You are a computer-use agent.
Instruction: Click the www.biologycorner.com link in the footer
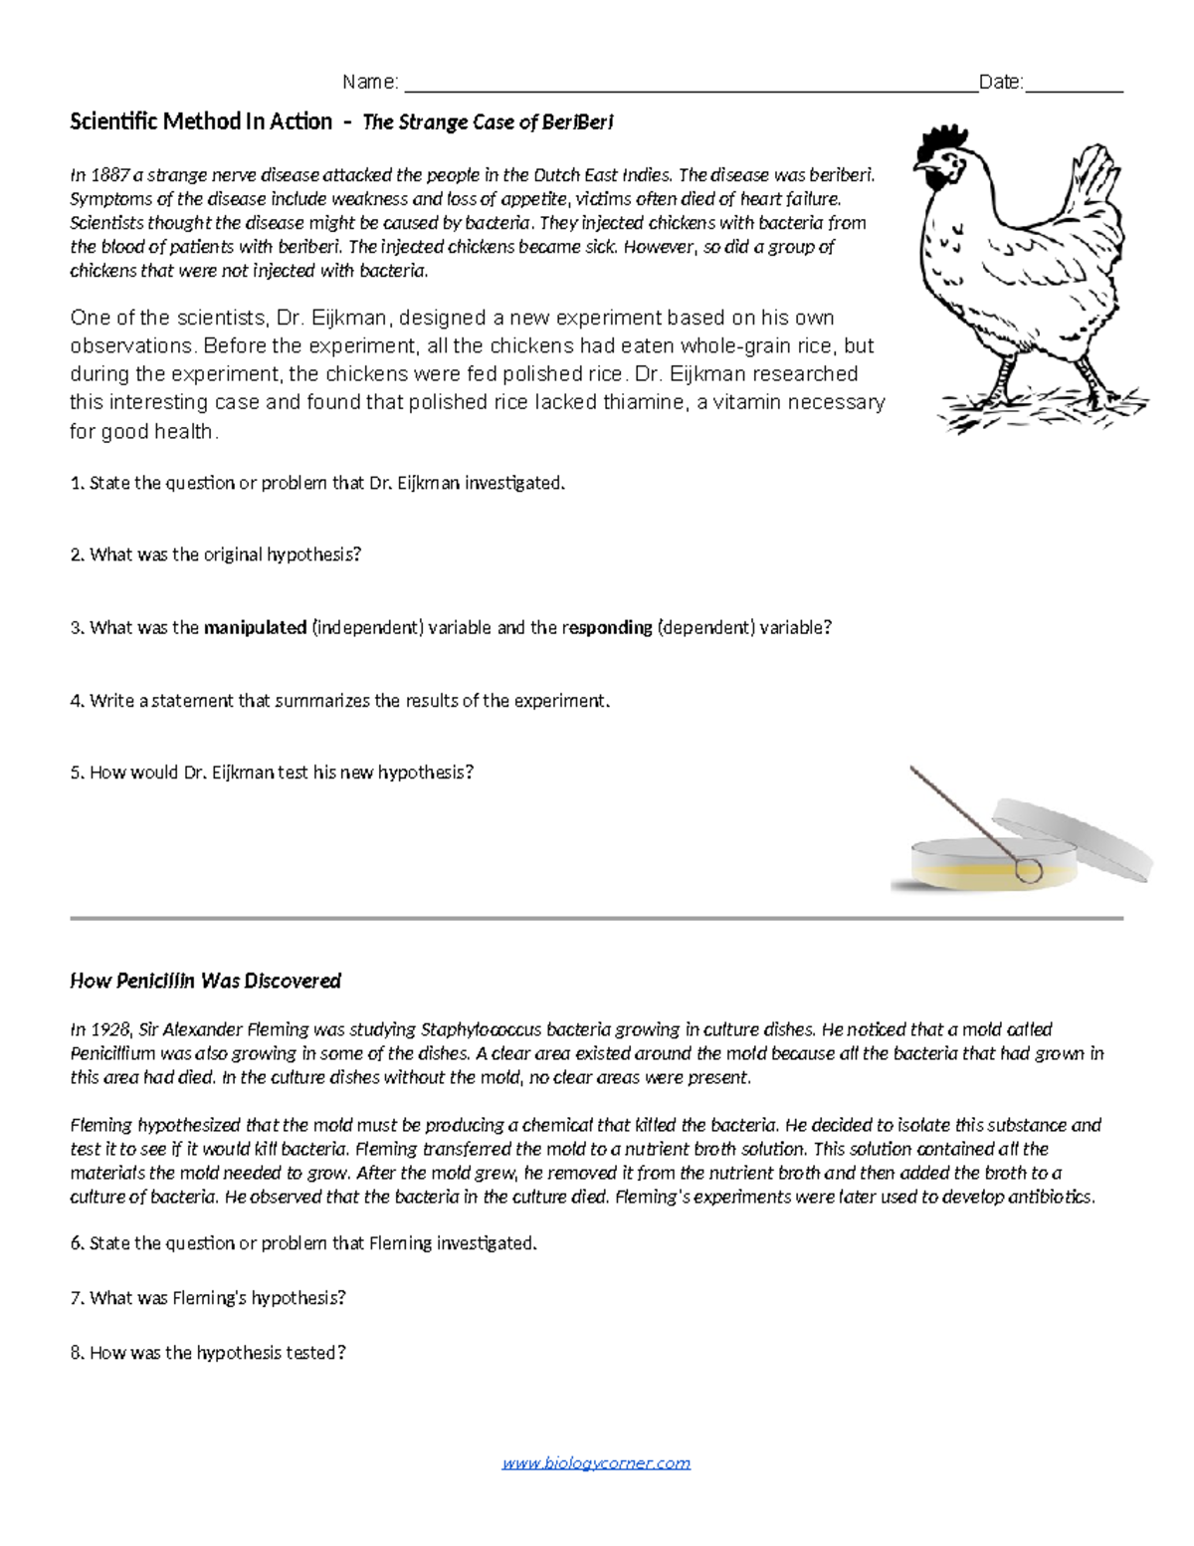click(x=596, y=1462)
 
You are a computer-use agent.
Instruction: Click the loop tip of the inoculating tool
click(x=1029, y=871)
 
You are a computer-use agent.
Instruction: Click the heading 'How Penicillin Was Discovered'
click(x=205, y=981)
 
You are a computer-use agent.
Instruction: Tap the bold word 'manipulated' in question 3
click(x=255, y=628)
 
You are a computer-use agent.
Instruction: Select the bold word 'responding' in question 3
click(x=607, y=628)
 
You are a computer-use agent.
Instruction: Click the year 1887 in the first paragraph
click(x=109, y=175)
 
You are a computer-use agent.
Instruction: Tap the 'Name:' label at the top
click(x=370, y=82)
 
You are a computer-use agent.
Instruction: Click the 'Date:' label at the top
click(x=1001, y=82)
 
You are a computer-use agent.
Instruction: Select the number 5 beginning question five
click(x=76, y=773)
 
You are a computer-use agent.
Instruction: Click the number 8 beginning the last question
click(x=76, y=1353)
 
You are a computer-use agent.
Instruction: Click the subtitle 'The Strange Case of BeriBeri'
click(x=488, y=122)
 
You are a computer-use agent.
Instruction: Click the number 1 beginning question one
click(x=76, y=484)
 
